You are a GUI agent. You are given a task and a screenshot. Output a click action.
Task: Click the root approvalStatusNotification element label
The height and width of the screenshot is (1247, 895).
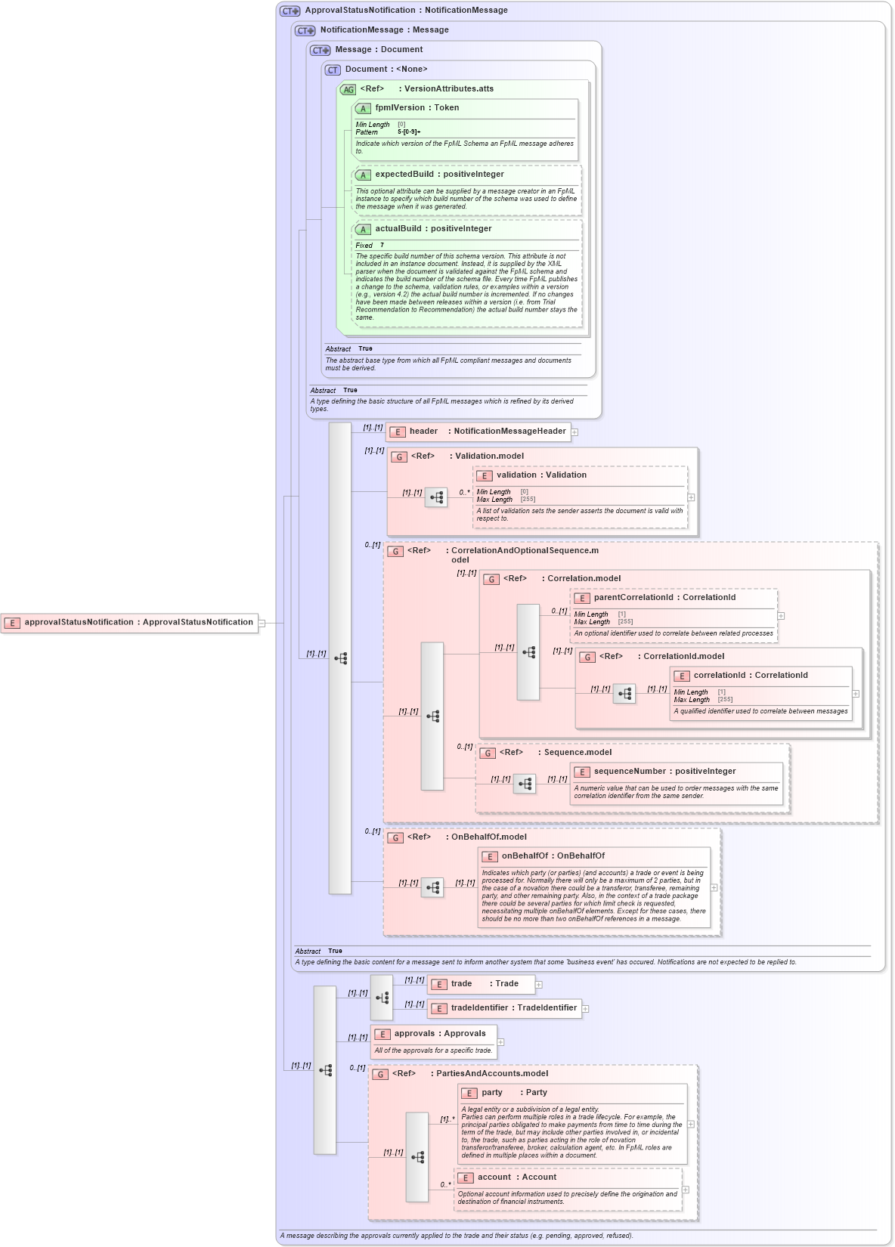pyautogui.click(x=138, y=623)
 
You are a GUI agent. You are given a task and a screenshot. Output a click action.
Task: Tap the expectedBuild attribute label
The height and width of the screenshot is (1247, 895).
pyautogui.click(x=439, y=175)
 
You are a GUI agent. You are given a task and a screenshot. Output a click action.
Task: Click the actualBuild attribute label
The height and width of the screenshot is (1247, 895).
pyautogui.click(x=433, y=229)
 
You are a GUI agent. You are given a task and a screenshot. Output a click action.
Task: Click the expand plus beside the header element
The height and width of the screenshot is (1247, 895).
pyautogui.click(x=574, y=432)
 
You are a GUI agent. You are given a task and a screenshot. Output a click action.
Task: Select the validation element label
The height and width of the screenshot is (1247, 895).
pyautogui.click(x=541, y=475)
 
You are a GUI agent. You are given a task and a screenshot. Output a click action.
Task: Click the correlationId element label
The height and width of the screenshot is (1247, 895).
pyautogui.click(x=750, y=676)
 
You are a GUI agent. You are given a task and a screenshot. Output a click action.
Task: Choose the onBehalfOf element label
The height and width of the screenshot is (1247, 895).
pyautogui.click(x=553, y=856)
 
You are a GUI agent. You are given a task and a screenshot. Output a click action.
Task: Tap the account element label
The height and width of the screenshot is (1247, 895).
pyautogui.click(x=516, y=1177)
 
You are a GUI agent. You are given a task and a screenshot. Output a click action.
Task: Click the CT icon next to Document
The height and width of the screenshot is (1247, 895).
pyautogui.click(x=333, y=70)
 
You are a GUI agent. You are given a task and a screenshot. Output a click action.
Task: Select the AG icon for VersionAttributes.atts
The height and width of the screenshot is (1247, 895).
pyautogui.click(x=348, y=90)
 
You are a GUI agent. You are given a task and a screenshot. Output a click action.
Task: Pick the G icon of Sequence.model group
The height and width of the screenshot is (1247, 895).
pyautogui.click(x=488, y=753)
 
